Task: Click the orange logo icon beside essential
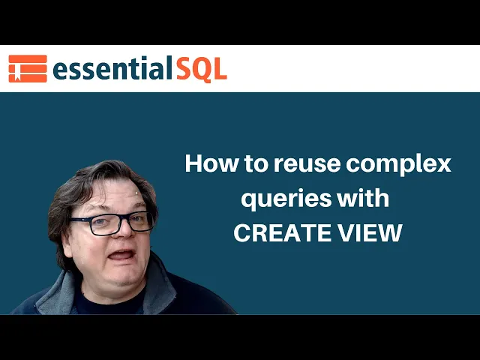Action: [27, 68]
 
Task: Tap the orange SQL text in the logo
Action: [202, 69]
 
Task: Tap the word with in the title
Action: [368, 198]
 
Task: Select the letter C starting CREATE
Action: [241, 233]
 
